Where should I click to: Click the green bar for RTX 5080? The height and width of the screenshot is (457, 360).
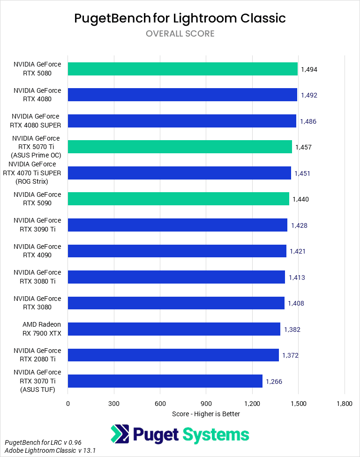[x=183, y=69]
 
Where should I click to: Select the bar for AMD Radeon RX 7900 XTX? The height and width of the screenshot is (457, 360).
[x=174, y=329]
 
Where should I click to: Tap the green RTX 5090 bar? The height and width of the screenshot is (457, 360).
[x=179, y=199]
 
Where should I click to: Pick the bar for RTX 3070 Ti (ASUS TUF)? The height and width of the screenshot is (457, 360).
[x=165, y=381]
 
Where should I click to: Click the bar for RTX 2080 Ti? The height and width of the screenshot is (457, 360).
[x=173, y=355]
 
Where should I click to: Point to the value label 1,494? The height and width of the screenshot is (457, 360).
[x=309, y=69]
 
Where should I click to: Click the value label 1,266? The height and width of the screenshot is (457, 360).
[x=274, y=382]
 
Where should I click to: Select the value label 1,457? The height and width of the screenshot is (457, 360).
[x=303, y=147]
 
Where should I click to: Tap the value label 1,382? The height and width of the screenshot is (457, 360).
[x=292, y=330]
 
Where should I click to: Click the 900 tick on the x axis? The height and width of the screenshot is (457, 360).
[x=206, y=404]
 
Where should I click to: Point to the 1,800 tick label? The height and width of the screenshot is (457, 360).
[x=344, y=404]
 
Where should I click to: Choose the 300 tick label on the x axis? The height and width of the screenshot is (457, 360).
[x=114, y=404]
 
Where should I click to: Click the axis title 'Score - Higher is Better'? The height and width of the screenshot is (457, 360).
[x=206, y=414]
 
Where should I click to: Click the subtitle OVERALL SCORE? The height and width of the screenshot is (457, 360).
[x=180, y=34]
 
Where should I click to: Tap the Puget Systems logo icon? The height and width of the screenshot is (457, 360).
[x=120, y=434]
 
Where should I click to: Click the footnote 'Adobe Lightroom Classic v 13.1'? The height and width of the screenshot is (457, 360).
[x=51, y=451]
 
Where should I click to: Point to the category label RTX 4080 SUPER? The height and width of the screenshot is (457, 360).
[x=36, y=120]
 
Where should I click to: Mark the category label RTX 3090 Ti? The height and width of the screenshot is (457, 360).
[x=37, y=225]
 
